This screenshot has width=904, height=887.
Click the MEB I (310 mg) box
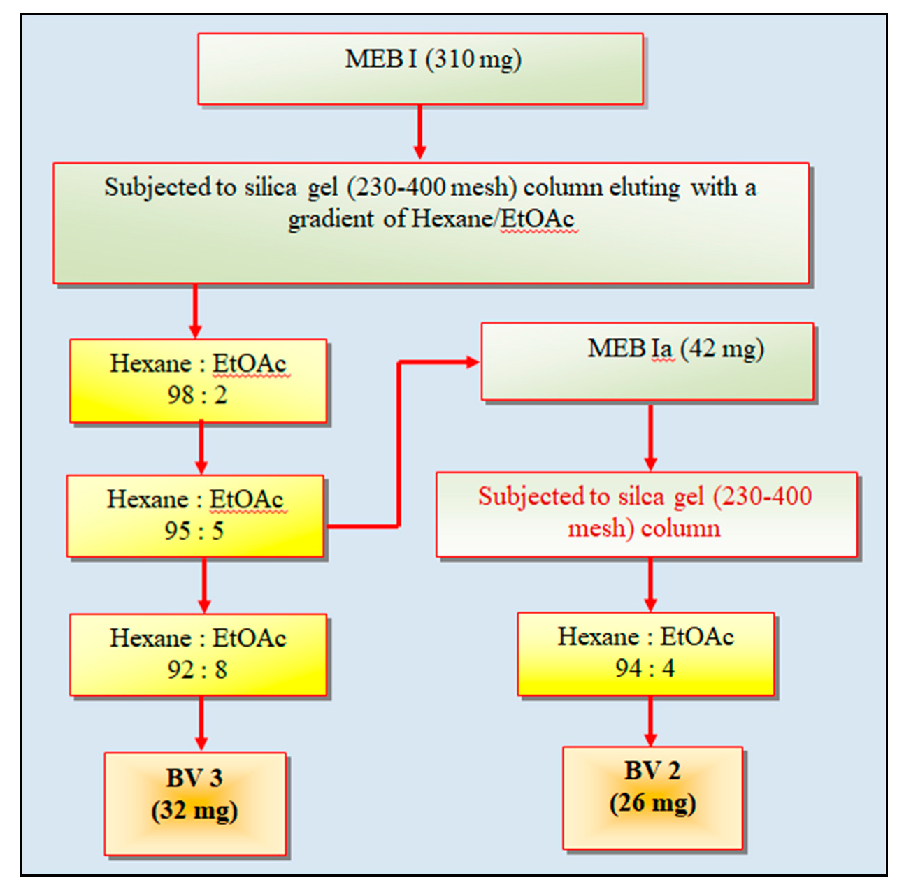[x=420, y=68]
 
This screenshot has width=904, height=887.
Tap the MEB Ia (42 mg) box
[x=647, y=361]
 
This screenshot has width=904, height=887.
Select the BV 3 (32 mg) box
[x=195, y=804]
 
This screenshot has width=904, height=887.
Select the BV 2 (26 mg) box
[x=652, y=798]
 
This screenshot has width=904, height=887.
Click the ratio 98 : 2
[x=197, y=396]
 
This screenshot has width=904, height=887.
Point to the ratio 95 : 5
[x=194, y=531]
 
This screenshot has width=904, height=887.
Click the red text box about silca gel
[x=646, y=514]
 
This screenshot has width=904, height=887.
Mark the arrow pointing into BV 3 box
[x=201, y=724]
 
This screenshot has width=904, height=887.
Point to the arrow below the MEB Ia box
[x=650, y=436]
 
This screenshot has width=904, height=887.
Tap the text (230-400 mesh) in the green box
[x=429, y=187]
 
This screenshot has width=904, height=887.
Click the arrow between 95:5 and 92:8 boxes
[x=204, y=586]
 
